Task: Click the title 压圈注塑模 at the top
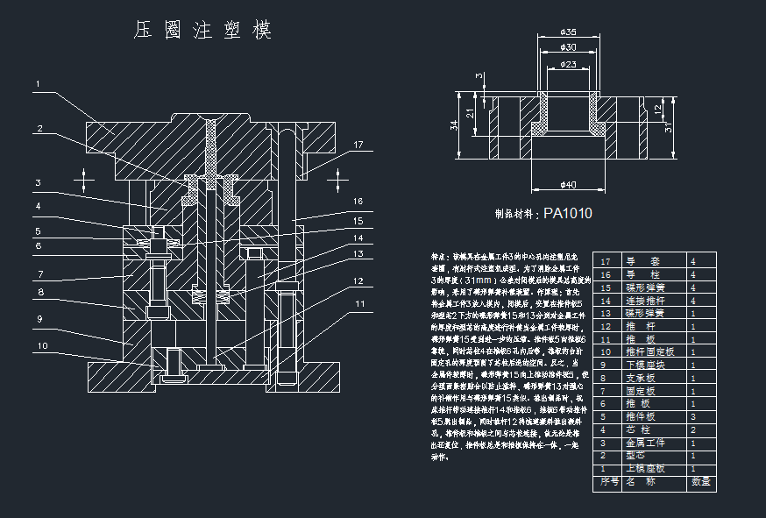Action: pos(202,31)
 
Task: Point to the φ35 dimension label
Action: pos(568,32)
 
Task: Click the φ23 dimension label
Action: pos(568,64)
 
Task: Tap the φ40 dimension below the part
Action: pos(568,184)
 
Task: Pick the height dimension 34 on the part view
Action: pos(454,126)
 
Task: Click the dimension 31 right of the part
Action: pos(669,128)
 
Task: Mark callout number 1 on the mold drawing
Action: pos(38,84)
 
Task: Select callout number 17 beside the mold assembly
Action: pos(358,145)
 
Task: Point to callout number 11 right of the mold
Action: pos(358,304)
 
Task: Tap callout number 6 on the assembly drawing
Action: pos(38,246)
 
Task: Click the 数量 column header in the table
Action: pos(700,481)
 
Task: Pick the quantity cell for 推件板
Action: pos(693,416)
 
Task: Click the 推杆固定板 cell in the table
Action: pos(648,352)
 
